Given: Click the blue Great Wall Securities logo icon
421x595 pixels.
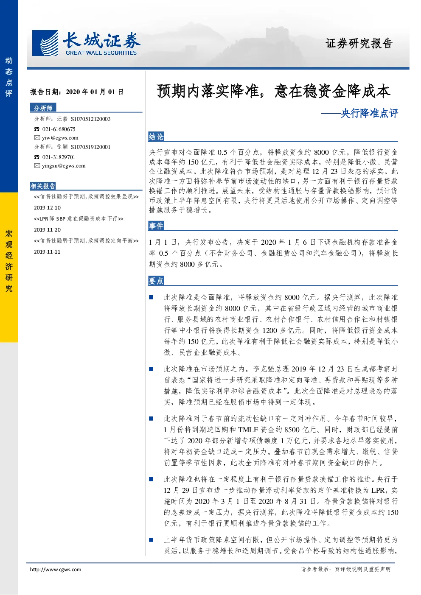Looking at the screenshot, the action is coord(45,43).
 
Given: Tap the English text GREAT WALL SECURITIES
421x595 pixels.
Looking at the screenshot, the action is coord(101,53).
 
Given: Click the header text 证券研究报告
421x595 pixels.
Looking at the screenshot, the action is coord(359,43).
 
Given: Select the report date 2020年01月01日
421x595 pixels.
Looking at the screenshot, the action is coord(95,92).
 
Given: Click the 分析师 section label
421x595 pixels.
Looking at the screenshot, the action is coord(43,108).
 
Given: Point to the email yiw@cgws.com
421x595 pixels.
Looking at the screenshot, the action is coord(60,137).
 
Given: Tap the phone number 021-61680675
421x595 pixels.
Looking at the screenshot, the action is coord(59,129).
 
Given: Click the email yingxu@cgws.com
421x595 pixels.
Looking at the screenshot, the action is coord(64,166).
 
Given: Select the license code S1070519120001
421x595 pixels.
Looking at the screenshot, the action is coord(91,147).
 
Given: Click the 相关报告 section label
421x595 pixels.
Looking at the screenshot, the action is coord(43,186).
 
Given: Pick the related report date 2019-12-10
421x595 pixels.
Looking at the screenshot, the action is coord(47,208).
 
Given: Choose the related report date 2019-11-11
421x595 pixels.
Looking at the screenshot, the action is coord(47,252).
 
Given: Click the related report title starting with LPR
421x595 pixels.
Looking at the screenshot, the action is coord(79,218).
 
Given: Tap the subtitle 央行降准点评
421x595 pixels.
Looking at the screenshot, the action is coord(369,113).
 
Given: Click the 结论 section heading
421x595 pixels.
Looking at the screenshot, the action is coord(156,137).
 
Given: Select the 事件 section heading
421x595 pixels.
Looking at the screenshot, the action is coord(156,226).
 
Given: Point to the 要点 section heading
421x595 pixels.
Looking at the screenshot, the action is coord(156,281).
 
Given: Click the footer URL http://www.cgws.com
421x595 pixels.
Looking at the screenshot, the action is coord(56,569).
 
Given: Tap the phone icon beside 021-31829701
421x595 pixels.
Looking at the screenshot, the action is coord(36,157).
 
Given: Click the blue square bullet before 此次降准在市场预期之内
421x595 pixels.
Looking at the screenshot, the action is coord(151,369).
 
